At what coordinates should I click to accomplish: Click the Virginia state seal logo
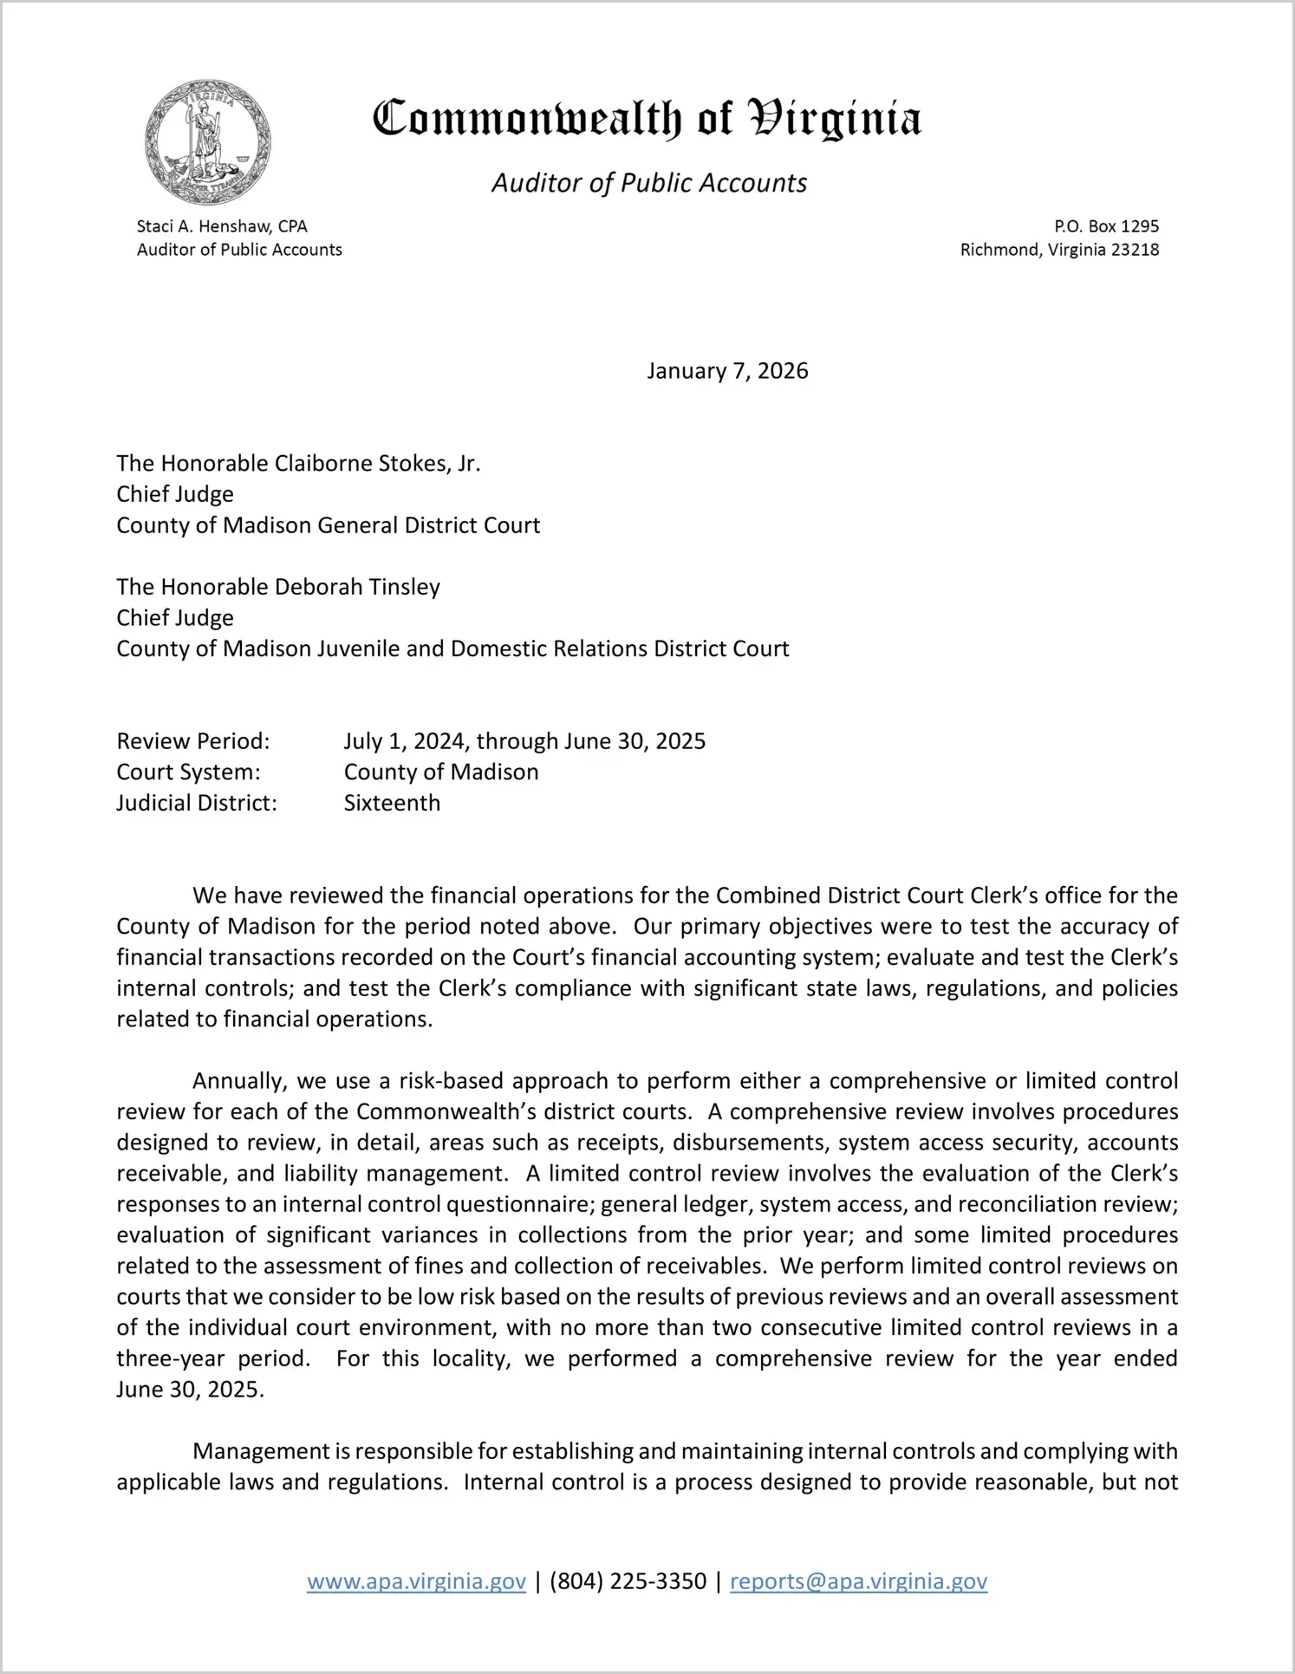pos(207,142)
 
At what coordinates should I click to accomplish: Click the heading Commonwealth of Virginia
pos(647,118)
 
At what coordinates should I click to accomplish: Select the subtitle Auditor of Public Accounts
pos(649,183)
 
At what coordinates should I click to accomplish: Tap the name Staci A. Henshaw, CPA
pos(222,226)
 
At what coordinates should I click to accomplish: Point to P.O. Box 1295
pos(1106,226)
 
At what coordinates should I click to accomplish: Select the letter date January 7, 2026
pos(727,371)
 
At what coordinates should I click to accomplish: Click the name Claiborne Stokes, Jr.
pos(377,464)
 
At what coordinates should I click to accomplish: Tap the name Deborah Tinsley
pos(357,587)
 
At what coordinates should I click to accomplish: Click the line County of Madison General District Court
pos(329,525)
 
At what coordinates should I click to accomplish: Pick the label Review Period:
pos(193,741)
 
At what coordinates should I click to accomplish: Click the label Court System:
pos(188,772)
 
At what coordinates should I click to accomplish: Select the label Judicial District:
pos(197,803)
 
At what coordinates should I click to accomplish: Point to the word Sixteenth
pos(392,803)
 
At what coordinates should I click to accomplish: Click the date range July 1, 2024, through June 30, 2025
pos(524,741)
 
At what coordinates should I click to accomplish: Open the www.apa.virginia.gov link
pos(416,1581)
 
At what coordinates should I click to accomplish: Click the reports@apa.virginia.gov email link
pos(858,1581)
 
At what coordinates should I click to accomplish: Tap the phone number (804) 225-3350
pos(628,1581)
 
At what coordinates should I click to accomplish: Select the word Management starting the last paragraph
pos(261,1451)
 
